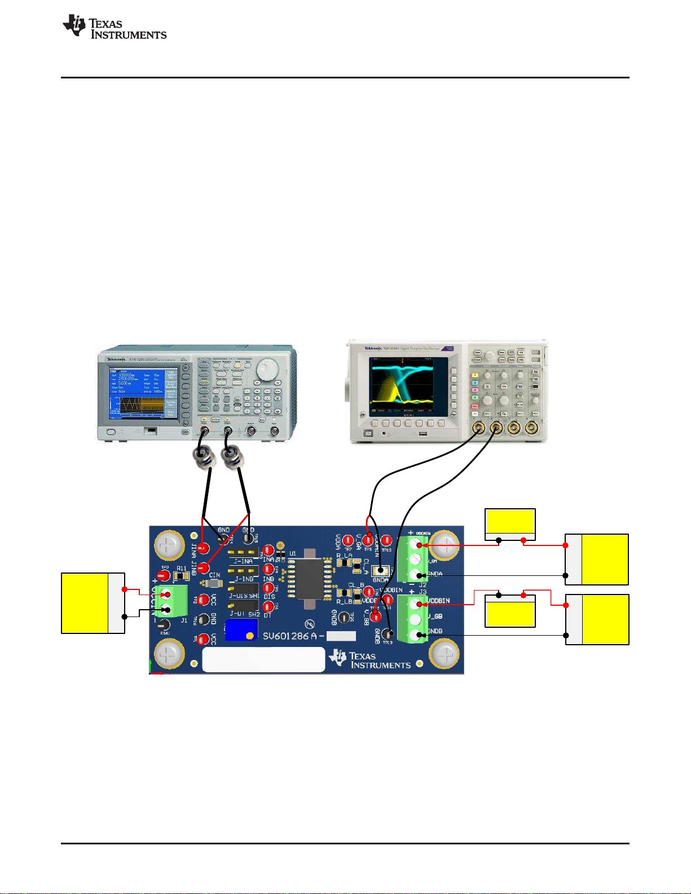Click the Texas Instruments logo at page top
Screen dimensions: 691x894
[x=115, y=27]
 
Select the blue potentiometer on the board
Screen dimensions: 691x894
[x=241, y=629]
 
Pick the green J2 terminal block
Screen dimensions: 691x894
[x=415, y=559]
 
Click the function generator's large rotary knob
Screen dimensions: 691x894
[x=267, y=370]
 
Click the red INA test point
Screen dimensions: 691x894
[x=269, y=550]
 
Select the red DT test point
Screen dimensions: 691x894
[x=269, y=607]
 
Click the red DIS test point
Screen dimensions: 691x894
[x=269, y=588]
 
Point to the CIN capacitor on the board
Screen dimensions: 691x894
[x=213, y=583]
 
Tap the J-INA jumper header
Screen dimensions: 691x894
[x=243, y=552]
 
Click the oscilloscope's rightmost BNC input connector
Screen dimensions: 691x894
[x=530, y=428]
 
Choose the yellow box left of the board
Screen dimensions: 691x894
[x=85, y=603]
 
